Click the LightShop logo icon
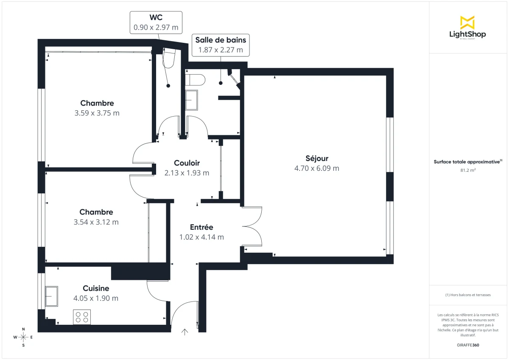click(467, 22)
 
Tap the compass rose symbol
click(23, 337)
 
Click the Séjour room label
click(317, 159)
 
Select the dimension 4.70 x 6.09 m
click(317, 168)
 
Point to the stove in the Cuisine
click(82, 317)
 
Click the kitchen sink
click(52, 296)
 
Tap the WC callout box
click(156, 23)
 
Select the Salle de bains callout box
click(221, 45)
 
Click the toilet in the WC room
click(168, 59)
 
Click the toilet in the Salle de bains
click(196, 79)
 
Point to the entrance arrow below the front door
click(185, 332)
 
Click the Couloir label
click(187, 163)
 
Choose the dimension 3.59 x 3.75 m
click(97, 113)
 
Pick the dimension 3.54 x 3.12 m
click(96, 222)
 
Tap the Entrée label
click(201, 227)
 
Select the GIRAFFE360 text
click(467, 345)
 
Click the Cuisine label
click(96, 288)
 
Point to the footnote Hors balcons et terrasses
click(468, 295)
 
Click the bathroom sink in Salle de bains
click(192, 100)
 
